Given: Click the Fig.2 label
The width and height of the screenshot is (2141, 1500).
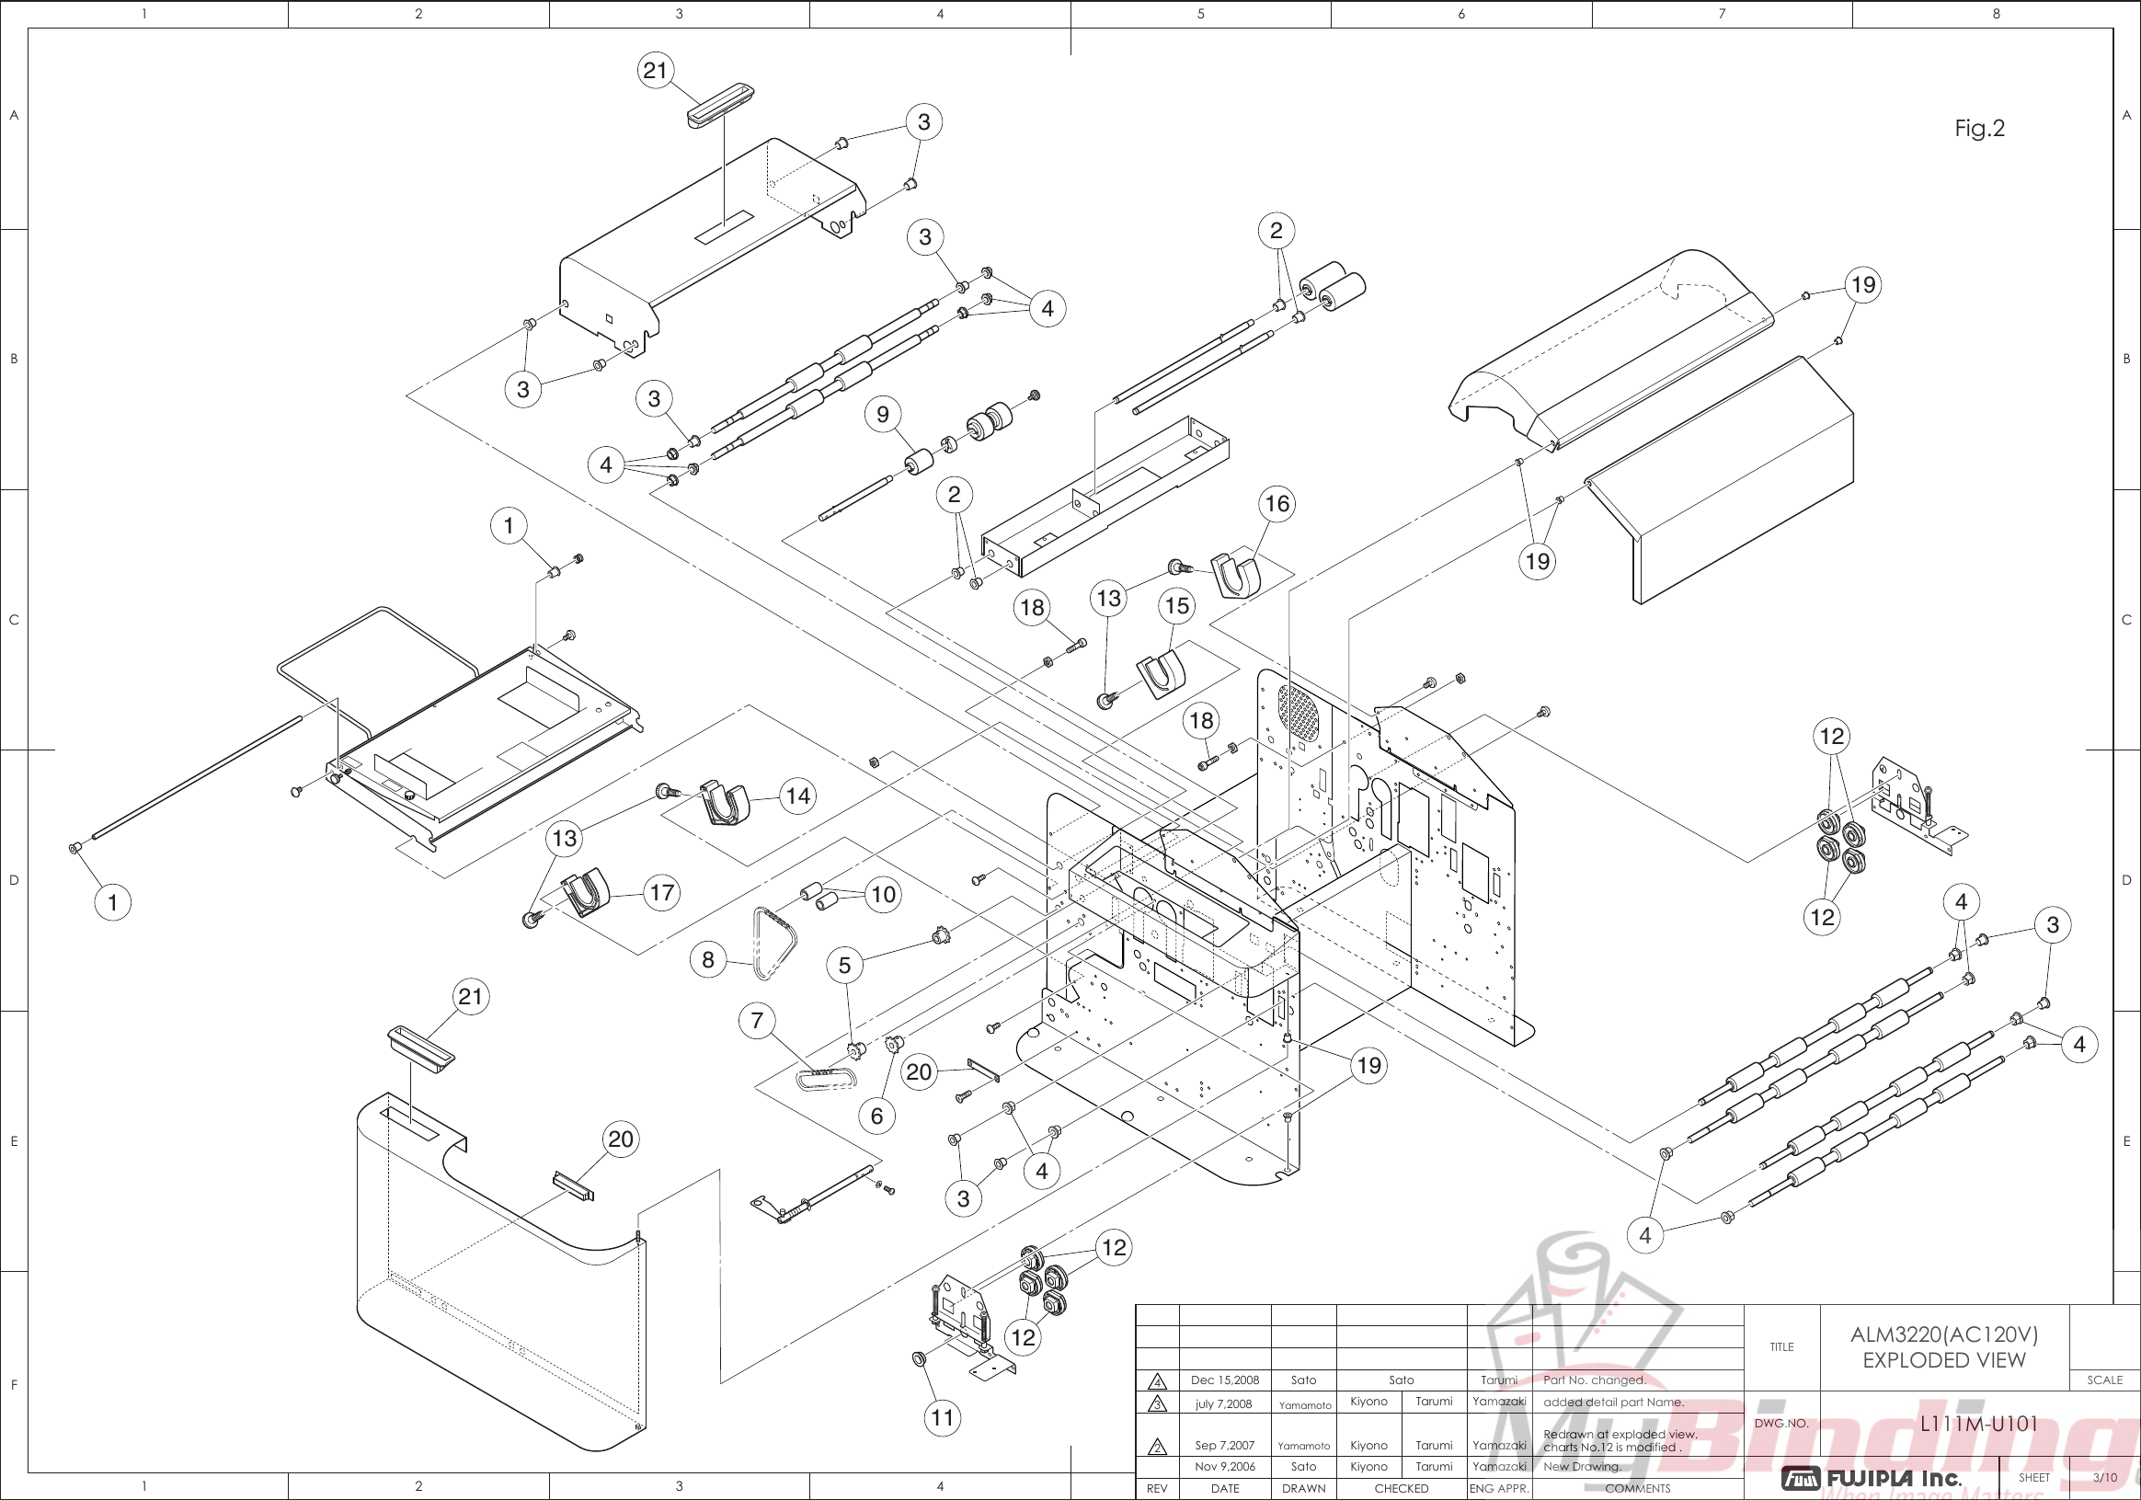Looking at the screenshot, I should coord(1979,128).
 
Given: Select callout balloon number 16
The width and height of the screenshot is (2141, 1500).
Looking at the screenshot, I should coord(1277,504).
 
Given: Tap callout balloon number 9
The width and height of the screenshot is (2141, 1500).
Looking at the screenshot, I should coord(883,414).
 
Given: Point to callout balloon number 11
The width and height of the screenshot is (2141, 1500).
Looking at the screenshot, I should coord(943,1418).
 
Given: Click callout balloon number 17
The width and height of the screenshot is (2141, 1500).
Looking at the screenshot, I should coord(662,893).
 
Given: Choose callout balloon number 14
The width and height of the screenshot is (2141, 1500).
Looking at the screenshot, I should coord(798,796).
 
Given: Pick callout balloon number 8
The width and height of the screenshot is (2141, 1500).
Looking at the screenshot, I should coord(708,959).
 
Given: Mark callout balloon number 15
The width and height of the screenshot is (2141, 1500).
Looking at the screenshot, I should coord(1177,606).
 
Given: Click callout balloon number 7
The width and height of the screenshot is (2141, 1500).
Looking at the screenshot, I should coord(757,1021).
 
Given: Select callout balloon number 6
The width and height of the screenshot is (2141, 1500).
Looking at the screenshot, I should coord(876,1116).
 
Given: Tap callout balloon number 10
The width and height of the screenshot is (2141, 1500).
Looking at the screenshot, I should coord(883,895).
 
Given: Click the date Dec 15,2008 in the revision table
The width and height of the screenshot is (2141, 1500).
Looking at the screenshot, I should coord(1224,1380).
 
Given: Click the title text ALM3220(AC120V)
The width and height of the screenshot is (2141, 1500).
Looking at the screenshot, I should coord(1943,1334).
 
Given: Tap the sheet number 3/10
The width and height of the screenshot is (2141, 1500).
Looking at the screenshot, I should coord(2104,1478).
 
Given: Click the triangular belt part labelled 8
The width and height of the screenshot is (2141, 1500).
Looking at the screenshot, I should coord(774,943).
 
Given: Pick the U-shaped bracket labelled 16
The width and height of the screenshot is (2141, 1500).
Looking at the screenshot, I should coord(1236,575).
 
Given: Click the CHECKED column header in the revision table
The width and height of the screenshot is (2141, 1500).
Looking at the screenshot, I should coord(1401,1489).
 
